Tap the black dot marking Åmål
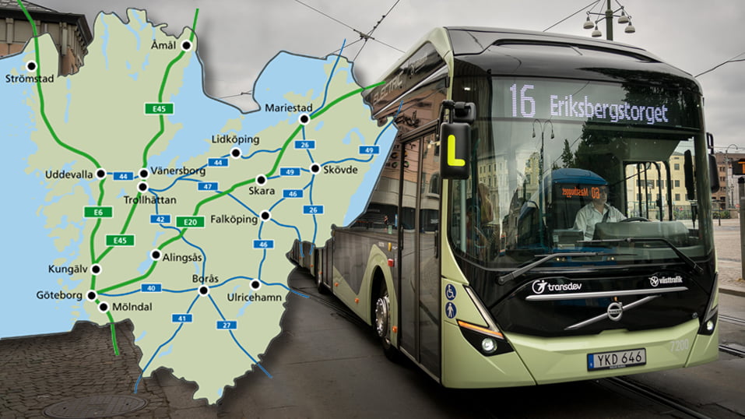click(x=187, y=46)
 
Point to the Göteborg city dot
click(x=92, y=295)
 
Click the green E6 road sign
click(x=93, y=212)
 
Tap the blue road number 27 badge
click(x=227, y=325)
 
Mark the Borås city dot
click(x=203, y=290)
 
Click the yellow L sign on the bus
click(x=455, y=150)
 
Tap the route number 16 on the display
click(x=522, y=101)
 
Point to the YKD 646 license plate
click(x=616, y=359)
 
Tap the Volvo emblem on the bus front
click(x=614, y=311)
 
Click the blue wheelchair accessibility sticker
click(x=451, y=292)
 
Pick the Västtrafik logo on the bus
click(x=665, y=280)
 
